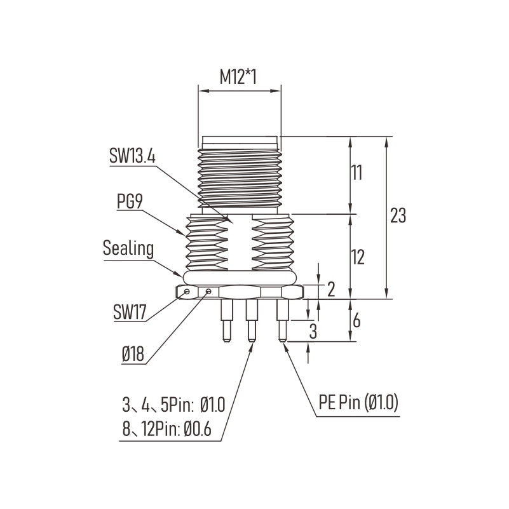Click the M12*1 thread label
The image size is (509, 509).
point(238,78)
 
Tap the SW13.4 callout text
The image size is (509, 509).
point(132,156)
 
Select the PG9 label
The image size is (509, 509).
point(130,202)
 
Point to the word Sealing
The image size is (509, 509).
point(128,248)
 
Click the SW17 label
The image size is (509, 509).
point(130,312)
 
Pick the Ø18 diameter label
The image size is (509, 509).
point(133,354)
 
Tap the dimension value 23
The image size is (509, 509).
point(398,215)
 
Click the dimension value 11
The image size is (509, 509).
point(356,173)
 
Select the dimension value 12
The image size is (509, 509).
point(357,257)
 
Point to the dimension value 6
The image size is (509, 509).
point(356,321)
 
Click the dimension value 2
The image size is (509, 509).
point(331,289)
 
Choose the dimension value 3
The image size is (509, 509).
point(313,332)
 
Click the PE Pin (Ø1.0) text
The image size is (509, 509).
point(358,403)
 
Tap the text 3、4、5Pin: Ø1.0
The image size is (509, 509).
point(173,405)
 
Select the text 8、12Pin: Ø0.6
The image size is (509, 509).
point(167,429)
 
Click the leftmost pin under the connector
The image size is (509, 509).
point(226,320)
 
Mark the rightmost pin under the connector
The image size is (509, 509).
point(282,320)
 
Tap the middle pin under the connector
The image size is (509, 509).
point(251,320)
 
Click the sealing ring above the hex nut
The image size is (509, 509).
point(240,278)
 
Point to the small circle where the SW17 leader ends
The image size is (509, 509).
point(187,292)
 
